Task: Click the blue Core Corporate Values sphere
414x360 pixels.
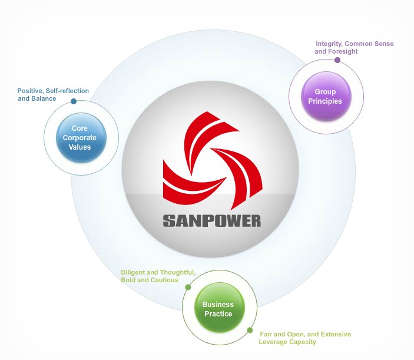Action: click(84, 138)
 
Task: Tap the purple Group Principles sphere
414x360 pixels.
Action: click(326, 96)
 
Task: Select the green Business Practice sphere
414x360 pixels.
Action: click(218, 309)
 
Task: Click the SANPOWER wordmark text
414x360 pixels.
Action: click(211, 221)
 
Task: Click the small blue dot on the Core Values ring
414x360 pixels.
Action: click(74, 101)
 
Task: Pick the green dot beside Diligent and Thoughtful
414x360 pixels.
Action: click(188, 288)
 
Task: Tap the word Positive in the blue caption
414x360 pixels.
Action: click(29, 91)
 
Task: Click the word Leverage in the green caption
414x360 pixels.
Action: click(274, 342)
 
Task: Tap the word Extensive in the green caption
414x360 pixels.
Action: click(334, 334)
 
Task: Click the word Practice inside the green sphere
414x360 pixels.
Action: click(218, 314)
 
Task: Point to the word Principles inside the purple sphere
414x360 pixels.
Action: click(326, 101)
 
